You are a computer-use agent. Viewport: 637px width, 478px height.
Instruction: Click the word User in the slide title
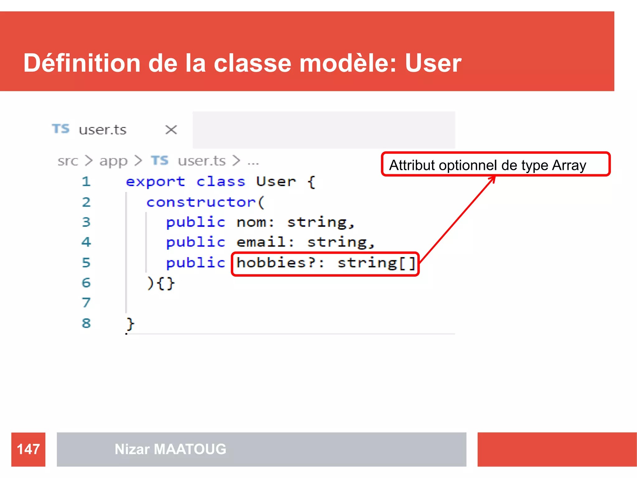click(x=433, y=63)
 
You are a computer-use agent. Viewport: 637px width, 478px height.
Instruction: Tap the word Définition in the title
click(x=82, y=63)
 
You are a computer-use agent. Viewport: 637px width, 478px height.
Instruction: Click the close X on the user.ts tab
click(x=171, y=129)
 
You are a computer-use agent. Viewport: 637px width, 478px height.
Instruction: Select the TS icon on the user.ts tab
click(x=61, y=129)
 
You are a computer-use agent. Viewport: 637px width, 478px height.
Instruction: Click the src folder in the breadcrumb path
click(x=67, y=161)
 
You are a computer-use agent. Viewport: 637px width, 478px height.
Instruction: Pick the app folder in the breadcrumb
click(x=113, y=161)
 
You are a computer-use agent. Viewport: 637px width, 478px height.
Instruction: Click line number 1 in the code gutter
click(x=86, y=182)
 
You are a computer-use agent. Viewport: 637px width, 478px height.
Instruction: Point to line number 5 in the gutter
click(x=86, y=263)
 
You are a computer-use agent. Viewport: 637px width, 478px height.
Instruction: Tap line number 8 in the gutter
click(x=86, y=323)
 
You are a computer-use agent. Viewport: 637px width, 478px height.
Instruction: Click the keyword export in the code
click(x=155, y=182)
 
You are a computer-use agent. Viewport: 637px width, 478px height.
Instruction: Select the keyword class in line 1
click(x=221, y=182)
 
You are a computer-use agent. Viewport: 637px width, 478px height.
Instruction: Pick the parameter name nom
click(x=251, y=223)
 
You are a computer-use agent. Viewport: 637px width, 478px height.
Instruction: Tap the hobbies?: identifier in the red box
click(x=280, y=263)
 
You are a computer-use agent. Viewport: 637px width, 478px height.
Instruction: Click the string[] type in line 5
click(x=376, y=263)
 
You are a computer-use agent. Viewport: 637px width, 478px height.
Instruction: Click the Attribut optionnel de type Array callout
click(x=495, y=165)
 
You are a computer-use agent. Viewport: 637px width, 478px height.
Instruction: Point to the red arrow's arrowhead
click(x=493, y=178)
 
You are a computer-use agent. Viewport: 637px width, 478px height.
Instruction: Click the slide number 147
click(x=28, y=449)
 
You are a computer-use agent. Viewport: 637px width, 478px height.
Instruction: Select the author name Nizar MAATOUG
click(x=170, y=449)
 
